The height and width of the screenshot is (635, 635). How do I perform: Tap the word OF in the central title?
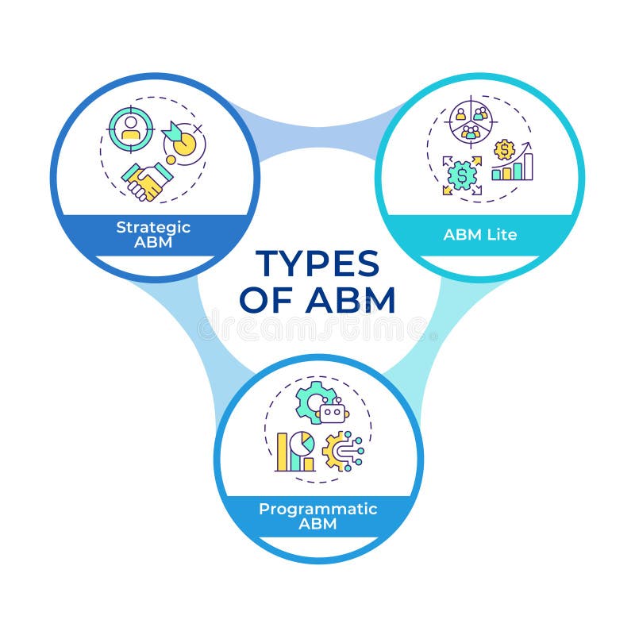point(266,301)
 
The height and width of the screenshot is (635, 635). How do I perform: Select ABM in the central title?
point(349,301)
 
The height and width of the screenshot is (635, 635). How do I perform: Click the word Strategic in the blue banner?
point(153,227)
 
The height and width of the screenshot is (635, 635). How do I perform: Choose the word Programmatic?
point(317,510)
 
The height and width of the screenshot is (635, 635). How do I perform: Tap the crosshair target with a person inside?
point(130,129)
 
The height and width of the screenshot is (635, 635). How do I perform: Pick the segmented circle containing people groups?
point(471,121)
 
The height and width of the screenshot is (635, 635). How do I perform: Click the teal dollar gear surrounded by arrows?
point(461,175)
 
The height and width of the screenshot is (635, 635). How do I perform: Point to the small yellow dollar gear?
point(504,149)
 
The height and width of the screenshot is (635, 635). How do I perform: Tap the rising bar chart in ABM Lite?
point(513,166)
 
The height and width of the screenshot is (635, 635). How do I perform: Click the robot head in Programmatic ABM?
point(333,412)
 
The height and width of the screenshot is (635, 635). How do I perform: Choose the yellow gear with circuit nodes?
point(341,452)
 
